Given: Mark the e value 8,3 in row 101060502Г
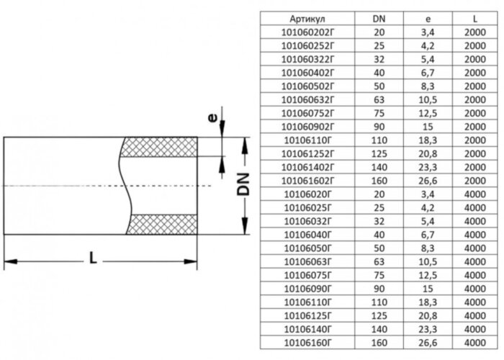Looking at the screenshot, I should coord(428,86).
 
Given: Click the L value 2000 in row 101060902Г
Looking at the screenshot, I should coord(473,127).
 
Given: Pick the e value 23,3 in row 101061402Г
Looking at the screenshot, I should coord(428,167).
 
